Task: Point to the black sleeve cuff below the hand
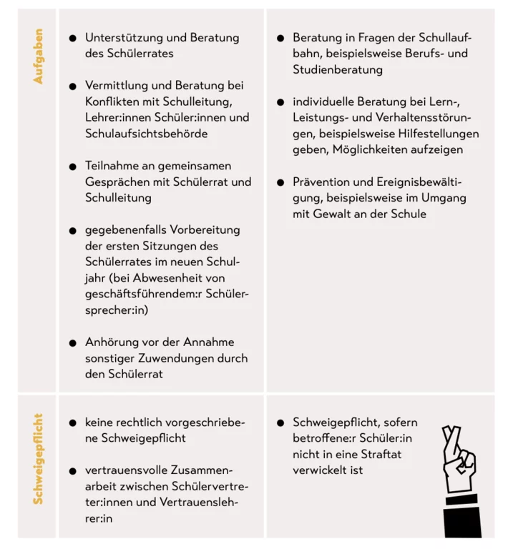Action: click(464, 511)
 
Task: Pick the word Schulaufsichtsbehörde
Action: click(146, 133)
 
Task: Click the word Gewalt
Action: click(336, 214)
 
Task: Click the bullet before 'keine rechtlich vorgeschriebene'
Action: click(72, 423)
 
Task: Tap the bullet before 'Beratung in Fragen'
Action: click(280, 38)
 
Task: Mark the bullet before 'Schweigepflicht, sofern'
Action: click(280, 423)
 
